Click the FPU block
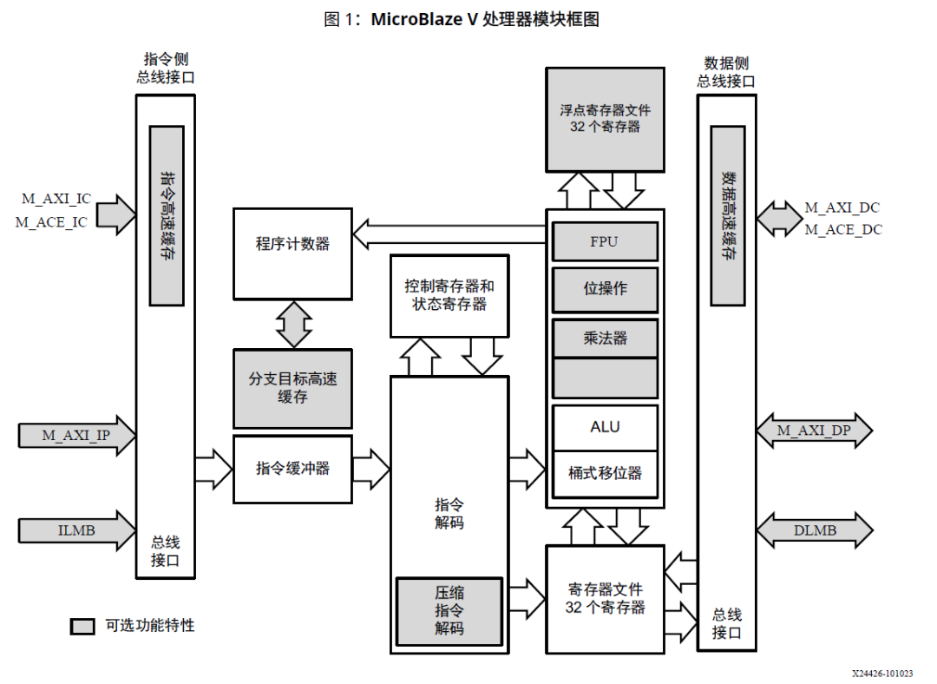click(605, 241)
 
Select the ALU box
click(605, 427)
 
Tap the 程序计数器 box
click(292, 244)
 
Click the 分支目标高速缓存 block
click(292, 388)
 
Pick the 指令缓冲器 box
click(292, 469)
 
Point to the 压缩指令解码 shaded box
click(449, 610)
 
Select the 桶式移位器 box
click(605, 473)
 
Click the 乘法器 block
click(605, 338)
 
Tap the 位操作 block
click(605, 289)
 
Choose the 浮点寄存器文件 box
click(605, 119)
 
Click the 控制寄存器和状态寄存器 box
click(449, 295)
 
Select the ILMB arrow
click(76, 530)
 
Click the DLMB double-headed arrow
click(814, 530)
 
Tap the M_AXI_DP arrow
click(814, 431)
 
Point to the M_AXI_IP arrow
click(76, 435)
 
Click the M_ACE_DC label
click(842, 230)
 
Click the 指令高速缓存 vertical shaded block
click(167, 215)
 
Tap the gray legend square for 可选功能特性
click(82, 626)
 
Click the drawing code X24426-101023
click(881, 673)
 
